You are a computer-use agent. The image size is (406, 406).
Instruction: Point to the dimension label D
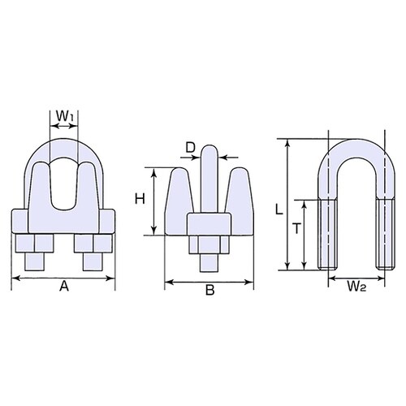click(191, 147)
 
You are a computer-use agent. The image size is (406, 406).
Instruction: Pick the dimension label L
click(279, 209)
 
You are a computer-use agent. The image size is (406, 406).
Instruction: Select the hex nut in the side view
click(209, 247)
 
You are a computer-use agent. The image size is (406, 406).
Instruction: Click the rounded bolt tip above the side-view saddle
click(209, 154)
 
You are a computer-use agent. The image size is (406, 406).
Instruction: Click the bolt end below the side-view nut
click(209, 265)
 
